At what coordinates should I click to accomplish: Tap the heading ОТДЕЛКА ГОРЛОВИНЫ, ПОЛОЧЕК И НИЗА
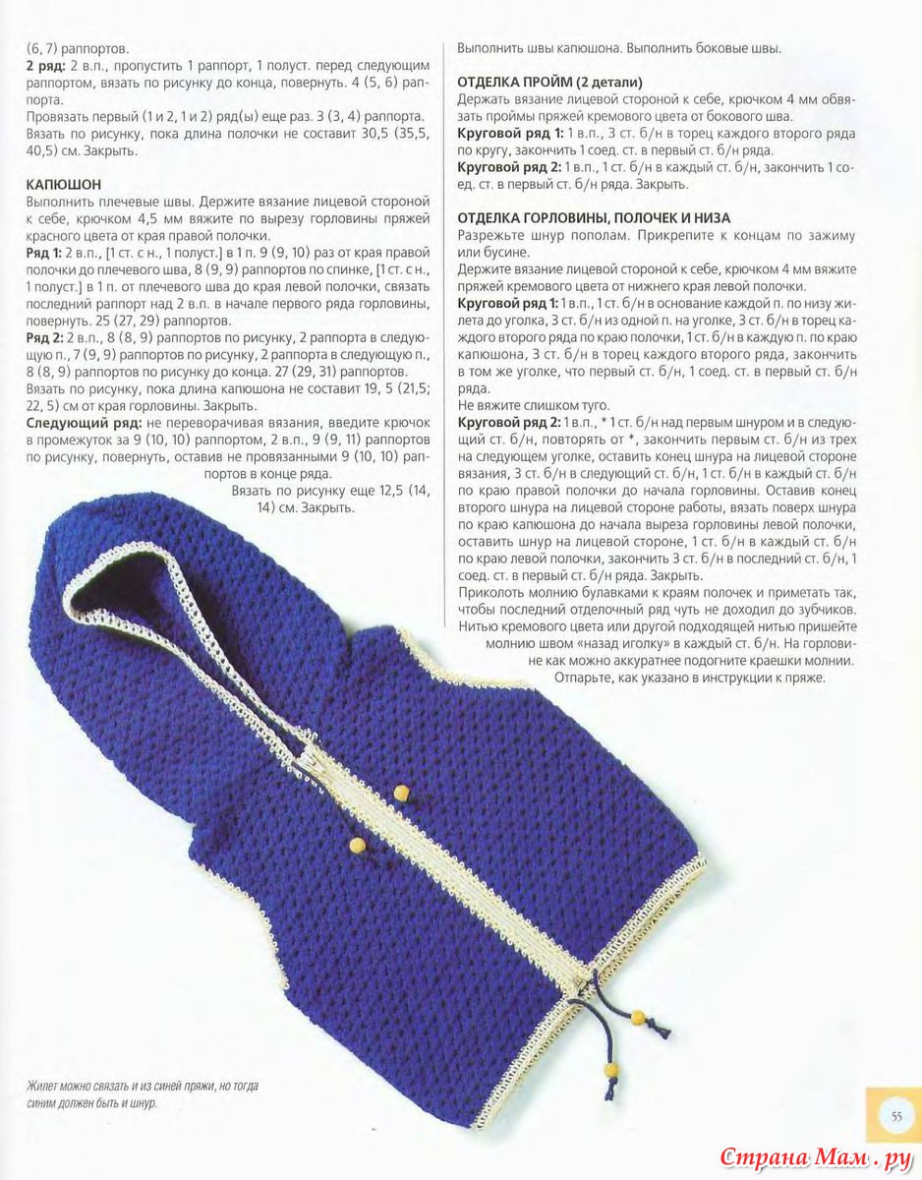594,217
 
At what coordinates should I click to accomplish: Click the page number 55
895,1115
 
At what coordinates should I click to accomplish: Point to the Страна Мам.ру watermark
817,1156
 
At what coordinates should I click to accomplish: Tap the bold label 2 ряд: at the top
44,65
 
